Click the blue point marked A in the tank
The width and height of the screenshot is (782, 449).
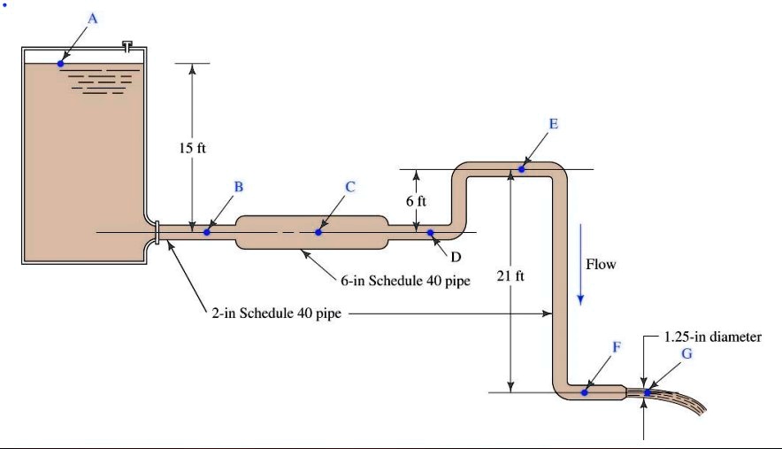point(60,63)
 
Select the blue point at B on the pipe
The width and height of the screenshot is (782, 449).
point(207,232)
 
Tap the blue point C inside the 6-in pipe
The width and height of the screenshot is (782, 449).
point(318,232)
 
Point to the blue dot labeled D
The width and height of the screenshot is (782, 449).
point(431,233)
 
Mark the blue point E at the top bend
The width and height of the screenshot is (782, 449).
point(522,168)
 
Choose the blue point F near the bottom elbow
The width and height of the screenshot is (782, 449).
point(586,391)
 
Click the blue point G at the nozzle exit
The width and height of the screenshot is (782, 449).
point(648,391)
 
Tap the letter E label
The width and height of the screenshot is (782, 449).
point(554,123)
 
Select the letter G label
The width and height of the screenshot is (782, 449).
point(686,352)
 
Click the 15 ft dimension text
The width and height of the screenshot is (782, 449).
point(192,148)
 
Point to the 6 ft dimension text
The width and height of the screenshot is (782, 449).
point(416,201)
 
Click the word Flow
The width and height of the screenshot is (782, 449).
point(601,264)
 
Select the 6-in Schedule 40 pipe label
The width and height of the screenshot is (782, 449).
point(405,282)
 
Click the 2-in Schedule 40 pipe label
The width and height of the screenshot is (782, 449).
point(275,313)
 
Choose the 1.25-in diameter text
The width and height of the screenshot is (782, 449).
point(712,337)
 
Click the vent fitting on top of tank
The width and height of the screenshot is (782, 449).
point(128,45)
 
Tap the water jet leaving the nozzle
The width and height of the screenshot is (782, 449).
point(686,404)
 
